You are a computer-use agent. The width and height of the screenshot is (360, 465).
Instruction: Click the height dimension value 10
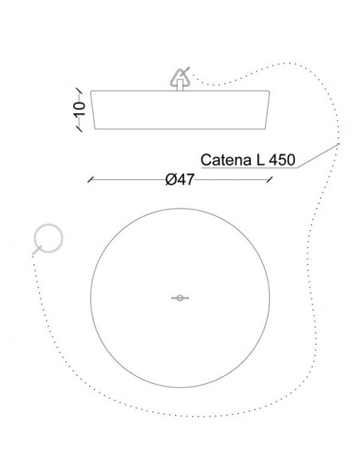click(80, 108)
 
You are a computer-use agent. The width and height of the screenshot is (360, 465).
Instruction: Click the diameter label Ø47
click(180, 179)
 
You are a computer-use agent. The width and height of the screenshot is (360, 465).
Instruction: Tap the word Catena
click(226, 159)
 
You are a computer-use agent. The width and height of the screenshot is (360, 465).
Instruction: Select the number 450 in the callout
click(282, 159)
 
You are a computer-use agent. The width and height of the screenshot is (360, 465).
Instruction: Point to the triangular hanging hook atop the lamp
click(179, 78)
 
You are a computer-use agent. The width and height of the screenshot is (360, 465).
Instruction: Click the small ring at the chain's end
click(49, 238)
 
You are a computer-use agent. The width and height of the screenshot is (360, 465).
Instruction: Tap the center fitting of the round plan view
click(180, 298)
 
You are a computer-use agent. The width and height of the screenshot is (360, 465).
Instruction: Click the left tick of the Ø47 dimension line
click(91, 180)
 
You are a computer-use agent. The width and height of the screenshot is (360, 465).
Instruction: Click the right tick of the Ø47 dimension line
click(269, 179)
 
